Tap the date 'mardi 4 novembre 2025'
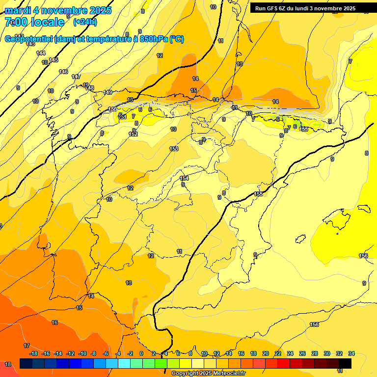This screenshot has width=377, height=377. pos(58,10)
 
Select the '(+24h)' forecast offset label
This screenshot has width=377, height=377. pos(85,22)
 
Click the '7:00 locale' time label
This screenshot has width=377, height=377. pos(34,22)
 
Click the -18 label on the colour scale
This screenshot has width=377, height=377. pos(33,353)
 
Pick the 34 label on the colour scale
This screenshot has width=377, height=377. pos(351,353)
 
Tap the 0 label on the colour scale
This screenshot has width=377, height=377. pos(141,353)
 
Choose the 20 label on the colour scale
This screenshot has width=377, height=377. pos(266,353)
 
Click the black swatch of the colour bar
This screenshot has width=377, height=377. pos(345,363)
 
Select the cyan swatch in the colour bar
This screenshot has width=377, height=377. pos(124,363)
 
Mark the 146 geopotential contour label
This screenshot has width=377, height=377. pos(63,72)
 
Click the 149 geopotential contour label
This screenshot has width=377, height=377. pos(108,92)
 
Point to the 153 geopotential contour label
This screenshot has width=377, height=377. pos(174,149)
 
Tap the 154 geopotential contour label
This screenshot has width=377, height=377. pos(184,178)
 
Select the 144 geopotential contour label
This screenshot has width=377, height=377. pos(41,53)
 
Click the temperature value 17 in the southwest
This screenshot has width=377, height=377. pos(27,346)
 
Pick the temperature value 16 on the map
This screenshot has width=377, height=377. pos(54,323)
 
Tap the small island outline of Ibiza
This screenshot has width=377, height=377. pos(299,239)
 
